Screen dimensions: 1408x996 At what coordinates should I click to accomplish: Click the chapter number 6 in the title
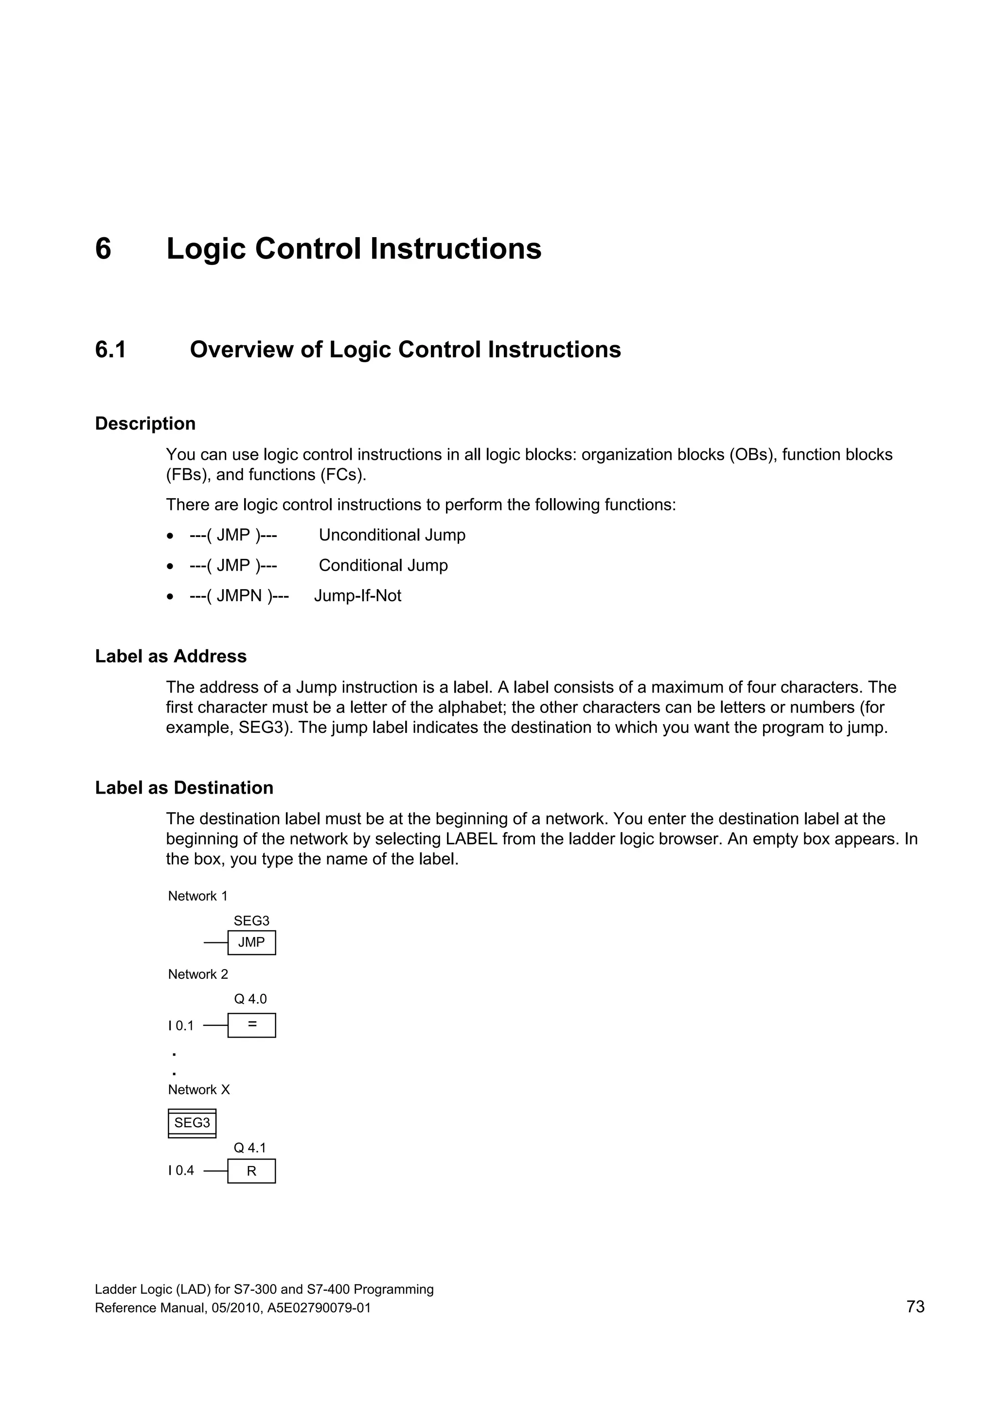click(103, 249)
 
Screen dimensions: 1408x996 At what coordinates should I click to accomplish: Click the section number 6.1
click(110, 349)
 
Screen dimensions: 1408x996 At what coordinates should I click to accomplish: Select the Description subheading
click(145, 424)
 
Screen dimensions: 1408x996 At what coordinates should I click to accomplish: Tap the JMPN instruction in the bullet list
click(239, 595)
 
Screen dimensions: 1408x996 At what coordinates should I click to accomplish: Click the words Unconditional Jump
click(391, 536)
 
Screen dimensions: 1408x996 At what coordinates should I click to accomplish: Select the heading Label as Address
click(171, 656)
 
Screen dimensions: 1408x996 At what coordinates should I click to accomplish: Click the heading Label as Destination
click(184, 787)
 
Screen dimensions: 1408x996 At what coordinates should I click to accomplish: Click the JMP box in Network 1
click(251, 942)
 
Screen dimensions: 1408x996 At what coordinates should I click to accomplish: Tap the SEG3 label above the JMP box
click(251, 921)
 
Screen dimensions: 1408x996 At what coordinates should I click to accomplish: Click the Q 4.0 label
click(250, 999)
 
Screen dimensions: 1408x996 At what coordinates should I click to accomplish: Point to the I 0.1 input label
click(180, 1026)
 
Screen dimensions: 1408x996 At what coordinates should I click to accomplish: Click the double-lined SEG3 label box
click(192, 1123)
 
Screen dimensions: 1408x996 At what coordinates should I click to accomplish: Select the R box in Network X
click(251, 1171)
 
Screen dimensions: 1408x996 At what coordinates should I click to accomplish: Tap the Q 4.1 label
click(250, 1147)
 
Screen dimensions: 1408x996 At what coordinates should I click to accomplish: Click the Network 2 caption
click(197, 974)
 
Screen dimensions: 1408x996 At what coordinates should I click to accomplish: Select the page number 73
click(914, 1307)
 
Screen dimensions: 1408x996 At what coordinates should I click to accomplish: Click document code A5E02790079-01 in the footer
click(319, 1308)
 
